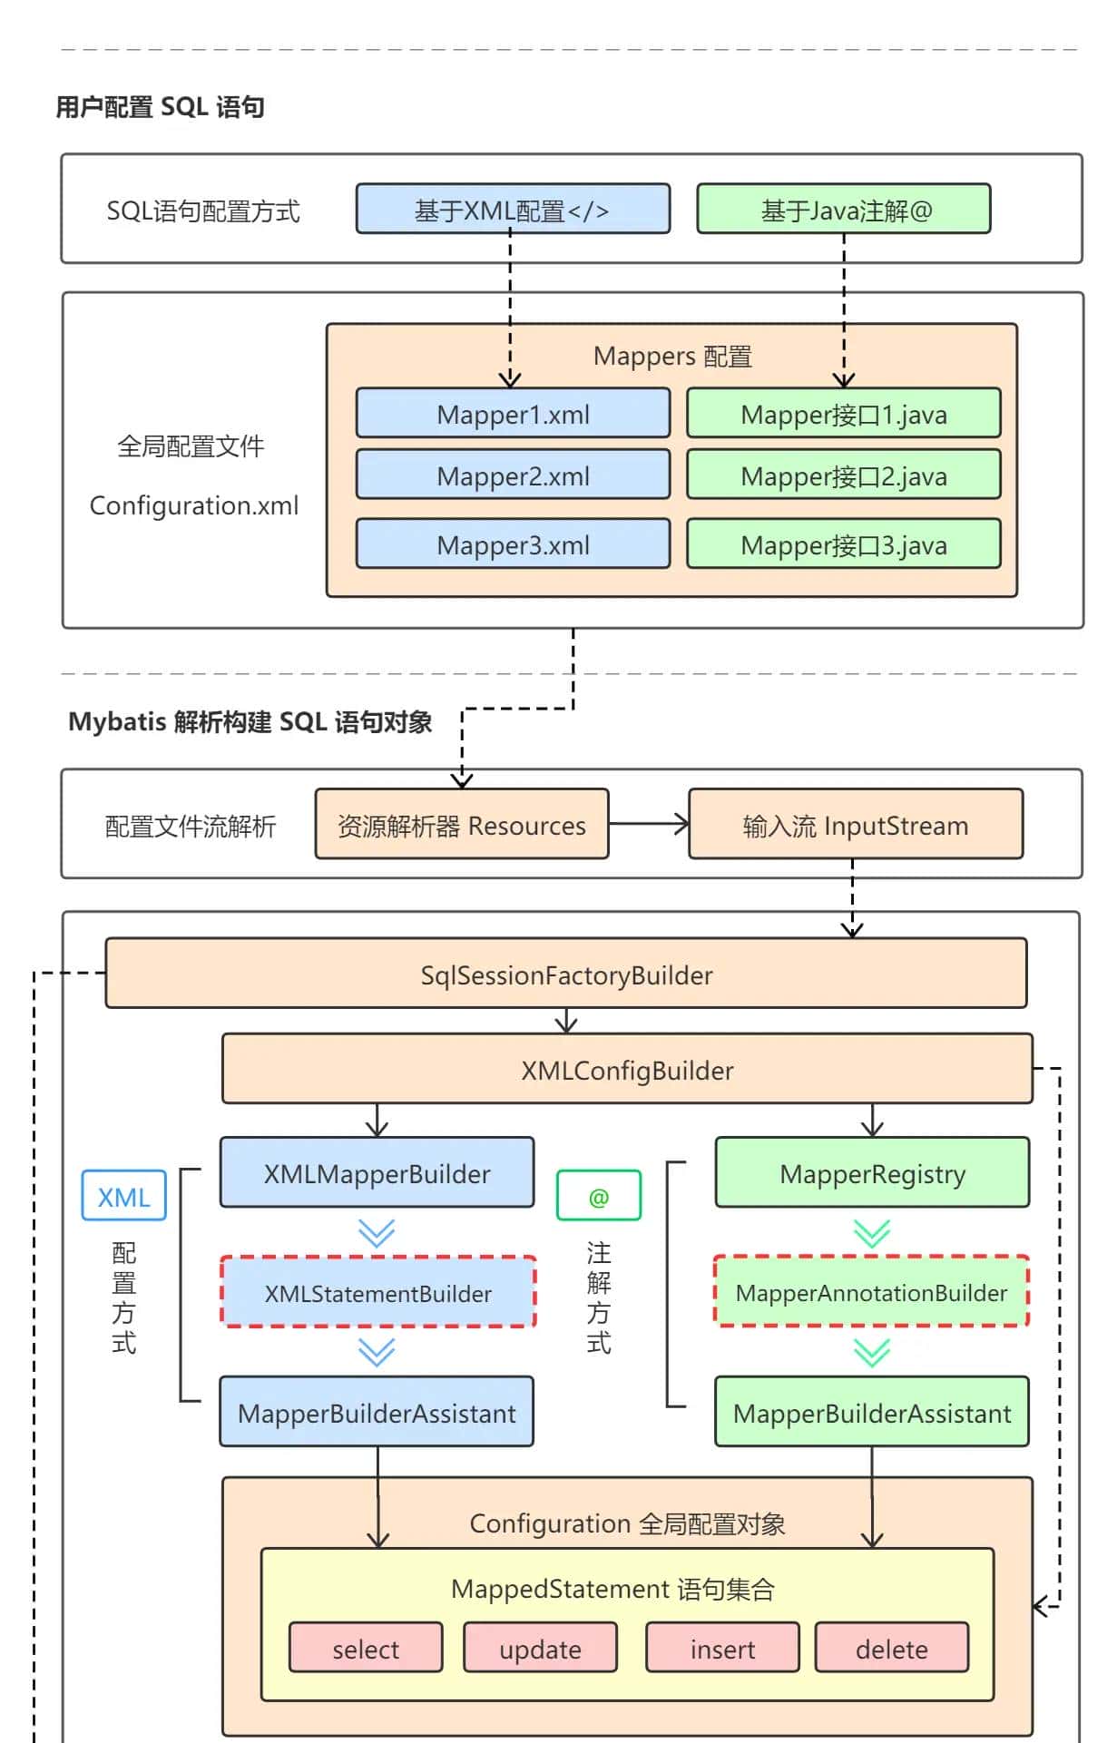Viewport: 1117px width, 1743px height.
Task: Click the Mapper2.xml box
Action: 513,475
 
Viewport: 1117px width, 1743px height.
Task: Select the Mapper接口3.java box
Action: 843,544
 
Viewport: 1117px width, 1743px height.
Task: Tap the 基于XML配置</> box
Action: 513,211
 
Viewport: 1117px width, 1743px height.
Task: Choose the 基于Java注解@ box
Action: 843,211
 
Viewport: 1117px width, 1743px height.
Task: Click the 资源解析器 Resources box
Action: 461,825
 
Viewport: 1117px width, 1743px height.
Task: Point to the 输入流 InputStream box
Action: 855,825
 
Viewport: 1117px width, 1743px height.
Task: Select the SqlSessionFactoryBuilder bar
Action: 565,974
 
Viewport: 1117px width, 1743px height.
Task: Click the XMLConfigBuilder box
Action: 626,1070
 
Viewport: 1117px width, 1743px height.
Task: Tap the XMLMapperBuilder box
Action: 377,1173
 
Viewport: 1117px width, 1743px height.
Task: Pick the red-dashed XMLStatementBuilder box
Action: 377,1293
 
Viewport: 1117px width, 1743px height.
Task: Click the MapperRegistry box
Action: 872,1173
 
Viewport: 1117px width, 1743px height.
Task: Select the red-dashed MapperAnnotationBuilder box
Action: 871,1292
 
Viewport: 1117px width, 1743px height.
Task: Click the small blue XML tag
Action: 123,1197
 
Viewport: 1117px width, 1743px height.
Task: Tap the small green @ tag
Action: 598,1197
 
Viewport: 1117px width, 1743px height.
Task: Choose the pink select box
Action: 366,1649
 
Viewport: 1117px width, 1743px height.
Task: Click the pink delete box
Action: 891,1649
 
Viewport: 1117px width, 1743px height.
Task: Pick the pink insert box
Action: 722,1649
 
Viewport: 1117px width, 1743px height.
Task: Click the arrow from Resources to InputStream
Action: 648,825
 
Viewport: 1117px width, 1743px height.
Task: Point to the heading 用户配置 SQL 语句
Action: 160,107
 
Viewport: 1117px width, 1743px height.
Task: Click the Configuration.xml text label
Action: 193,505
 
